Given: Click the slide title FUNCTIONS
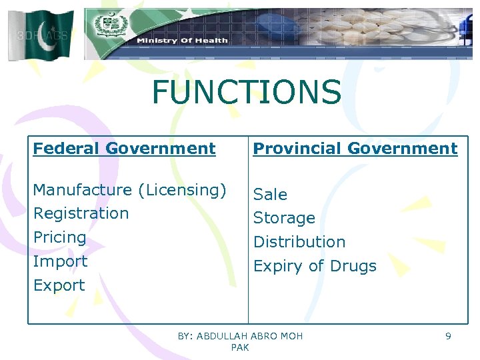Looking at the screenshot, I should [246, 92].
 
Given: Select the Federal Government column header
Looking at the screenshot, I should [124, 149].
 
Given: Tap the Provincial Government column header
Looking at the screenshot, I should [355, 149].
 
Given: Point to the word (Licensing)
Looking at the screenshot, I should [182, 191].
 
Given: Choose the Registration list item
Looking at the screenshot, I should [81, 214].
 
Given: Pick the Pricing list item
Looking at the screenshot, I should [59, 238].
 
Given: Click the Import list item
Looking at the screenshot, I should [60, 262].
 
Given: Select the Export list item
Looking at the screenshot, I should [59, 285].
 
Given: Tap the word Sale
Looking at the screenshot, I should [270, 195].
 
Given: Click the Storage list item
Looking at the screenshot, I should [284, 219].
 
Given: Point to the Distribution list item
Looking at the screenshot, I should [299, 242].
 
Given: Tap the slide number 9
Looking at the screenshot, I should [448, 336].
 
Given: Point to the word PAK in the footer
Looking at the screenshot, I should [240, 347].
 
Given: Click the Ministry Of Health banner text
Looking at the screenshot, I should [182, 41].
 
